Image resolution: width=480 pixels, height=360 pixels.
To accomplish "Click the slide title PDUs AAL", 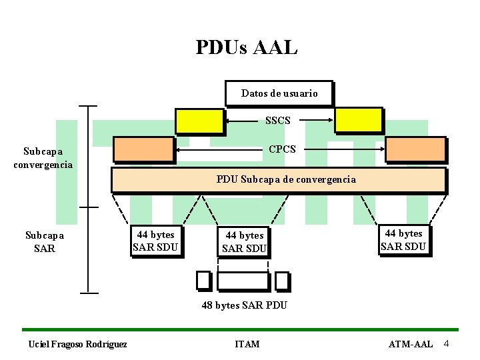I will tap(247, 47).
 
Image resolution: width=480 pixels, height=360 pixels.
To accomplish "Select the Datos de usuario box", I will tap(278, 93).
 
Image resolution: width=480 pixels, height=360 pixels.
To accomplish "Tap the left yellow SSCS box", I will tap(199, 121).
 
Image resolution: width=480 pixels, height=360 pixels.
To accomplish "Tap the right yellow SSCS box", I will tap(358, 120).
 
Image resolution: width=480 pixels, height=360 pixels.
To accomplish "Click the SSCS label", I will tap(278, 121).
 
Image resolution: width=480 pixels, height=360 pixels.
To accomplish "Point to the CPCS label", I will tap(282, 149).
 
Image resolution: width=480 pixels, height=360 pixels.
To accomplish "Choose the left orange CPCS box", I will tap(143, 149).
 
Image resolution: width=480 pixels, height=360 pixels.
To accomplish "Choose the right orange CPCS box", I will tap(415, 149).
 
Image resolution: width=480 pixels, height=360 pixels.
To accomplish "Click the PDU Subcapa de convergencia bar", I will tap(278, 179).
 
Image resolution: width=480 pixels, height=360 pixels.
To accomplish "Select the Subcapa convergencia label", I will tap(43, 157).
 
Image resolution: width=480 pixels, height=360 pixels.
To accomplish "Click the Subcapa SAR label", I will tap(44, 241).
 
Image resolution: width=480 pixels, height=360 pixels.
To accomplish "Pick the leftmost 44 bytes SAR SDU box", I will tap(155, 241).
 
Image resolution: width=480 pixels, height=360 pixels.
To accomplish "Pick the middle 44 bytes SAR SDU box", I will tap(244, 241).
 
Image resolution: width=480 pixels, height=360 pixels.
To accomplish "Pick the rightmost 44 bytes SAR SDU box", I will tap(403, 240).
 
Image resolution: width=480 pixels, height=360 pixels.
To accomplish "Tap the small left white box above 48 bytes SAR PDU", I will tap(203, 281).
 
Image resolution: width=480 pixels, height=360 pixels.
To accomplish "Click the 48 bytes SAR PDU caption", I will tap(245, 305).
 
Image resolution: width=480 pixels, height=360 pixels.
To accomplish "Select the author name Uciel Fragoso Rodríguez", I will tap(77, 344).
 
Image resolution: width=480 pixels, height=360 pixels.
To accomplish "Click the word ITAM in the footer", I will tap(247, 344).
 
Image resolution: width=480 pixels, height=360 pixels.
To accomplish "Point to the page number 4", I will tap(447, 343).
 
